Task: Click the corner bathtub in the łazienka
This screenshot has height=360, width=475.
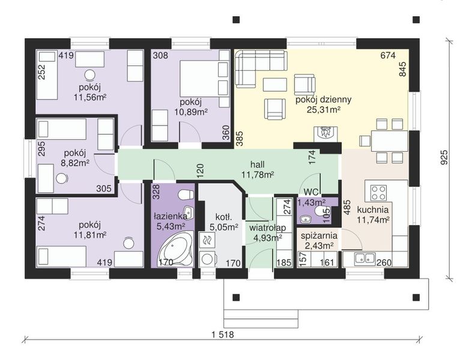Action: tap(175, 249)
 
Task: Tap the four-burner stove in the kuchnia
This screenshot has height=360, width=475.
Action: tap(379, 193)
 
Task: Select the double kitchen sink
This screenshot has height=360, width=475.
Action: tap(365, 258)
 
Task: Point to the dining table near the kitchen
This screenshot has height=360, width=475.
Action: tap(390, 140)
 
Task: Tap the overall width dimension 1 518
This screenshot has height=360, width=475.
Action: tap(223, 335)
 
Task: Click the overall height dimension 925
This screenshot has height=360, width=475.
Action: tap(444, 157)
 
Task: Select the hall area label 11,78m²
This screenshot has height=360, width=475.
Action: tap(258, 175)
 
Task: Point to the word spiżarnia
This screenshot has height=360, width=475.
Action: tap(319, 236)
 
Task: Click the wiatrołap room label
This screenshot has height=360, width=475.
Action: tap(267, 228)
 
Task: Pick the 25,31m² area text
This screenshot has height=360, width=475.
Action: tap(323, 109)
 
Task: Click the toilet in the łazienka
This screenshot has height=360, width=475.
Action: tap(186, 194)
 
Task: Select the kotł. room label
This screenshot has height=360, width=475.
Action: tap(223, 217)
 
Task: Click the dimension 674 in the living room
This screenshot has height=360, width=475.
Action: tap(388, 55)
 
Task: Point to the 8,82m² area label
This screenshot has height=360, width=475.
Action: tap(75, 163)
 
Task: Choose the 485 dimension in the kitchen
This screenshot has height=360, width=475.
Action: tap(346, 208)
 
